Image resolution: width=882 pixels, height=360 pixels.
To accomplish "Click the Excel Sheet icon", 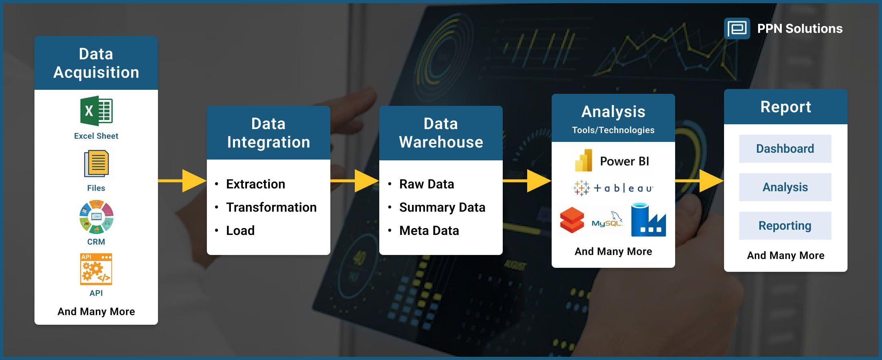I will pos(96,111).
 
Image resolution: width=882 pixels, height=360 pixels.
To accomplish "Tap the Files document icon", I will pos(96,164).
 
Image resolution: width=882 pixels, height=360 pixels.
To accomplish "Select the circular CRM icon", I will pos(96,217).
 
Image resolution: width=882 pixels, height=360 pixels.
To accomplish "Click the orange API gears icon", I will pos(96,269).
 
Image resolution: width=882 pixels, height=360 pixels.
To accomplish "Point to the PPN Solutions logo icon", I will pos(737,28).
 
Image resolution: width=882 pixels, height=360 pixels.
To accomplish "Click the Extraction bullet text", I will pos(255,184).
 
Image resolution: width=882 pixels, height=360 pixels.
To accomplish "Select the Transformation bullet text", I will pos(271,207).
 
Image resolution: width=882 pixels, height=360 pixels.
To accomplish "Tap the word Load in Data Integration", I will pos(240,231).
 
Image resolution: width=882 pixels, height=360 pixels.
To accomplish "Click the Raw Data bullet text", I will pos(427,184).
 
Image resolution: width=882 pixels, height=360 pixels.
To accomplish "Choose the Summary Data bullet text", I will pos(442,207).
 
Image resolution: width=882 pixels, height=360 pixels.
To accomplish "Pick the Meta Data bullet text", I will pos(429,231).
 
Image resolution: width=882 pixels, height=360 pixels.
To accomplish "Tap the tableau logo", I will pos(613,188).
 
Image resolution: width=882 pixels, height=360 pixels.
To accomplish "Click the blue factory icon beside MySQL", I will pos(648,220).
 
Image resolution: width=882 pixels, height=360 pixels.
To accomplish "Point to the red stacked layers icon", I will pos(572,220).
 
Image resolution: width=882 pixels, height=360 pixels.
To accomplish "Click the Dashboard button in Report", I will pos(785,149).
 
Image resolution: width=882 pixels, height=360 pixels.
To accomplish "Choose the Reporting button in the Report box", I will pos(785,226).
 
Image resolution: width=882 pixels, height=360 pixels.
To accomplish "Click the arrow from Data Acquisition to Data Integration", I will pos(183,181).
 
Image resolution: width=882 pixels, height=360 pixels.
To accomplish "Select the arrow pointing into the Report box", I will pos(700,181).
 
